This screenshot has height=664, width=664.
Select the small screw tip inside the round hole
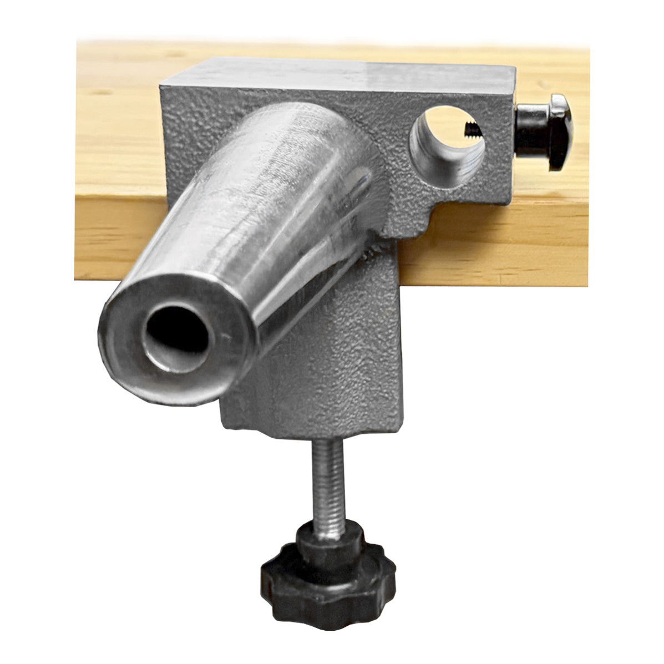coord(472,130)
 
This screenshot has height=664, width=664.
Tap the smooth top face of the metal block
coord(344,75)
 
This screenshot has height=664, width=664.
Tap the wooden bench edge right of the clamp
coord(499,244)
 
